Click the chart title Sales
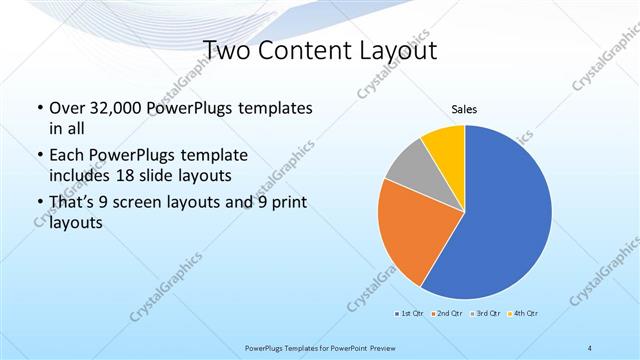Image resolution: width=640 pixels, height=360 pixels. click(x=465, y=108)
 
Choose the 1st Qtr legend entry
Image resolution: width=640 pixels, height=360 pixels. click(x=410, y=315)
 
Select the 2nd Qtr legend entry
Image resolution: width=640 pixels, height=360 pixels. click(x=446, y=315)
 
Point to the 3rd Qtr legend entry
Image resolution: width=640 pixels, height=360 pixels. click(x=484, y=315)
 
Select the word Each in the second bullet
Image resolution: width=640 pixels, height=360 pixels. click(x=67, y=156)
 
